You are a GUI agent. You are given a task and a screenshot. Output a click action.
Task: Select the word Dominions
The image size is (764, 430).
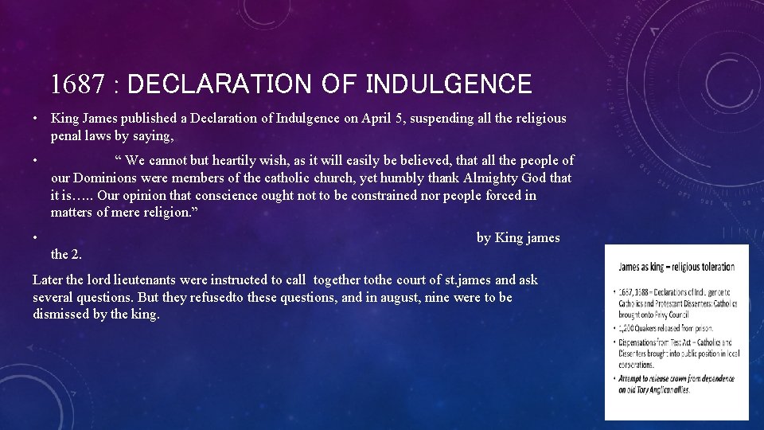coord(108,178)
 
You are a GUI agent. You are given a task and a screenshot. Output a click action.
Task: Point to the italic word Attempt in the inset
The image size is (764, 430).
coord(632,379)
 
